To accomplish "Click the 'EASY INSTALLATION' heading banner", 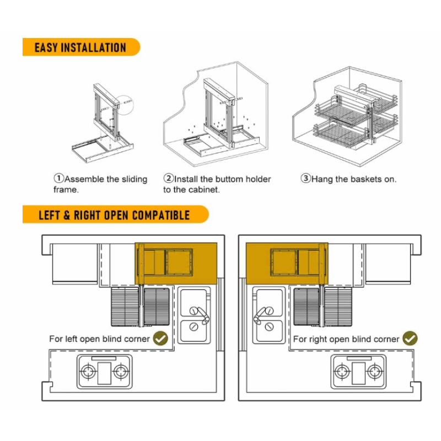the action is tap(81, 47).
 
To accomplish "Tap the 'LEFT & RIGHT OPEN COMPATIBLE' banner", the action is tap(115, 214).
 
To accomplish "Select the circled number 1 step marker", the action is tap(59, 178).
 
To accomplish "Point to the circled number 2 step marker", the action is tap(169, 178).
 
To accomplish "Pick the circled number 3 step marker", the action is tap(306, 178).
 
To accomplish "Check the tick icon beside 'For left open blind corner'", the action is tap(160, 338).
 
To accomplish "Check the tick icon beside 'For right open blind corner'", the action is tap(410, 338).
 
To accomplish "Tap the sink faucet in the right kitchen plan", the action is tap(259, 314).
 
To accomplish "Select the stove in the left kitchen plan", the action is tap(104, 372).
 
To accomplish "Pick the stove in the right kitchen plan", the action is tap(358, 372).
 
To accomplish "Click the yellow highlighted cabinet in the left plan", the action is tap(176, 263).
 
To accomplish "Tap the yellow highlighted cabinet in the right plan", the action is tap(287, 263).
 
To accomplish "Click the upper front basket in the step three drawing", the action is tap(342, 111).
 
